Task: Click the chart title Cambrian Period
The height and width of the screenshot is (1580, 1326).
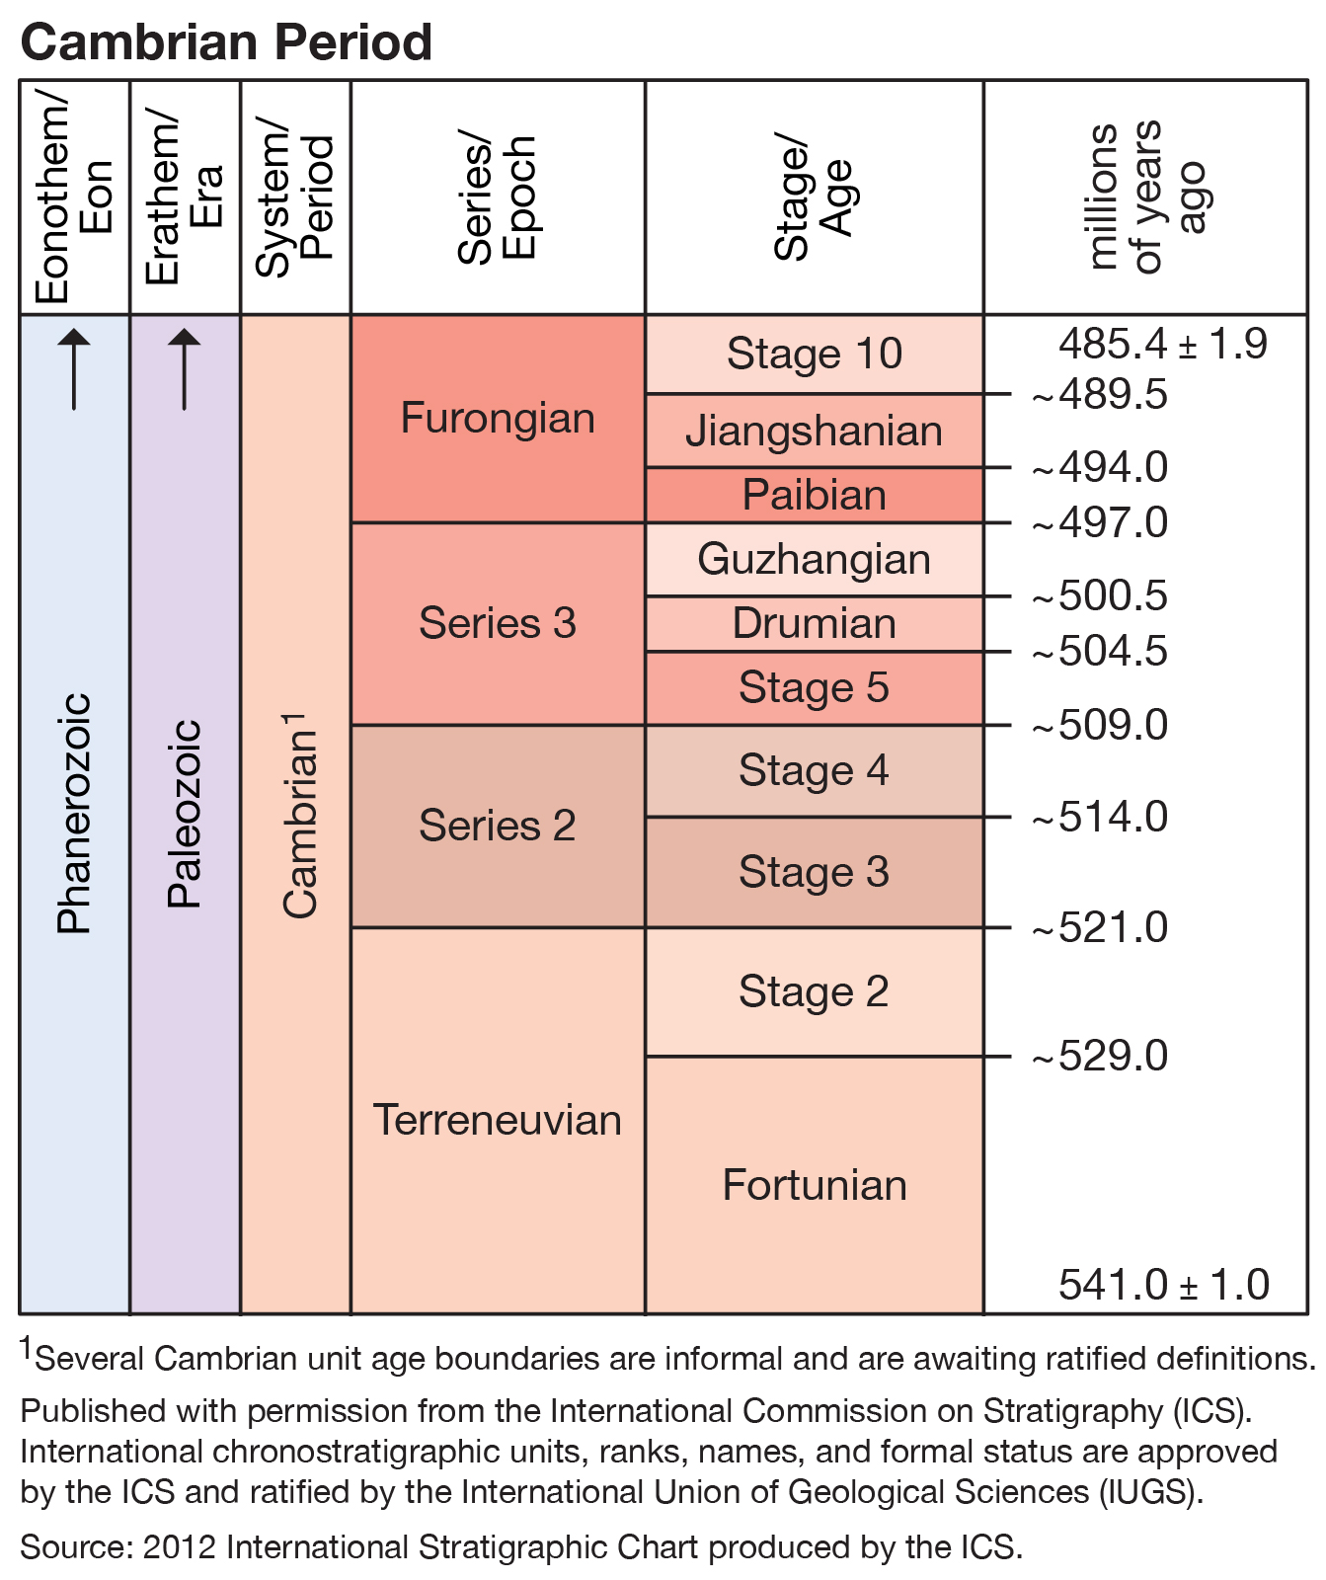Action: click(x=226, y=42)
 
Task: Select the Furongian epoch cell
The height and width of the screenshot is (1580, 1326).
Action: click(x=498, y=418)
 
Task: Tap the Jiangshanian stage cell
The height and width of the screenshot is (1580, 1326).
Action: click(x=814, y=432)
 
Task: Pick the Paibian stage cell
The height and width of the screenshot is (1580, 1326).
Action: click(x=814, y=495)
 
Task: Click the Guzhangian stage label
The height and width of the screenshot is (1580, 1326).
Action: click(x=814, y=560)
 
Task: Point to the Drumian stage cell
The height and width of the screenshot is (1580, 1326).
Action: click(x=814, y=624)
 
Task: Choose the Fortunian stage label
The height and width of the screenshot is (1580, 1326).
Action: click(x=814, y=1185)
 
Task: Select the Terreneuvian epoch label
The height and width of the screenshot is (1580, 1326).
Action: click(x=498, y=1121)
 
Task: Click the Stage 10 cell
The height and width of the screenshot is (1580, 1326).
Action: click(x=814, y=354)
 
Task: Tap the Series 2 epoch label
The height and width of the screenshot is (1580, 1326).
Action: click(x=498, y=826)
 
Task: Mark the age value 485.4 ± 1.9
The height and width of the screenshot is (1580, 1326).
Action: click(x=1162, y=344)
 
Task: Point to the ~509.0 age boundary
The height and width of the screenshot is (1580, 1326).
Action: click(x=1101, y=726)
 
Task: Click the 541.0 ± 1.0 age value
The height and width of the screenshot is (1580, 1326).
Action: click(x=1163, y=1285)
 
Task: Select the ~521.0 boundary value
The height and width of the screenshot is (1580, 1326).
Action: click(x=1101, y=928)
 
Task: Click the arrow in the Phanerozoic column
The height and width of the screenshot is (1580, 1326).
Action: click(x=74, y=369)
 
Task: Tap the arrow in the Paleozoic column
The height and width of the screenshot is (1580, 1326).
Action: click(x=185, y=369)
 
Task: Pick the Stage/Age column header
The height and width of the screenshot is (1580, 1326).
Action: click(x=814, y=197)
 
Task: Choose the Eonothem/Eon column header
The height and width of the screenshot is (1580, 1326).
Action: click(x=74, y=197)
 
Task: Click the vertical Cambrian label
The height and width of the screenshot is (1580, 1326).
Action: click(x=300, y=815)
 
